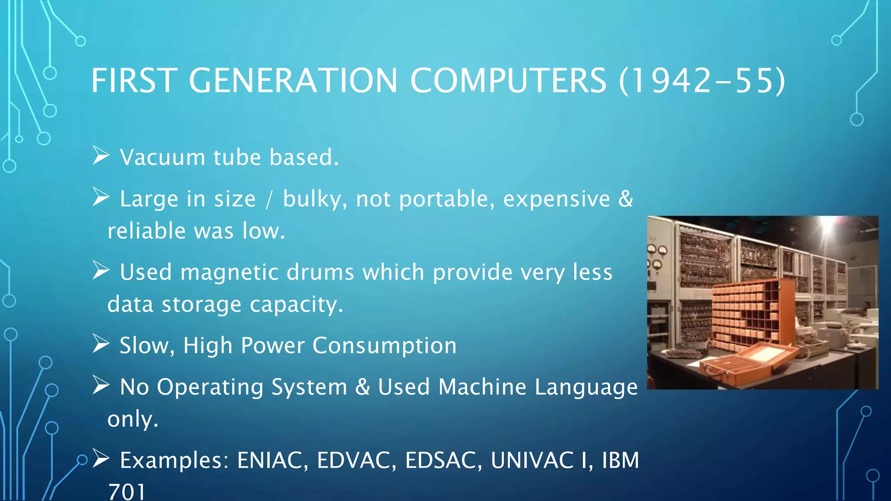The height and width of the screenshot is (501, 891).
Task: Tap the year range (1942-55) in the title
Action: coord(702,81)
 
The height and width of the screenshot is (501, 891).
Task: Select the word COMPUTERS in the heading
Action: coord(508,81)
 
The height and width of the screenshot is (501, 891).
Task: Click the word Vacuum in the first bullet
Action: coord(162,157)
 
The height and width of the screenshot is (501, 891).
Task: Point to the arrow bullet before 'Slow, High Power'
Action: coord(101,344)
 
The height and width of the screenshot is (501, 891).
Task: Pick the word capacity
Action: coord(296,304)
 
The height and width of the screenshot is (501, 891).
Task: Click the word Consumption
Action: coord(384,346)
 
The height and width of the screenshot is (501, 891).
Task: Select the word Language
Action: coord(586,387)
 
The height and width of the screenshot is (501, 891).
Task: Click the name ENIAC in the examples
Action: coord(269,460)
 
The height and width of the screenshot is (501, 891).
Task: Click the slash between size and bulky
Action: coord(269,200)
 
